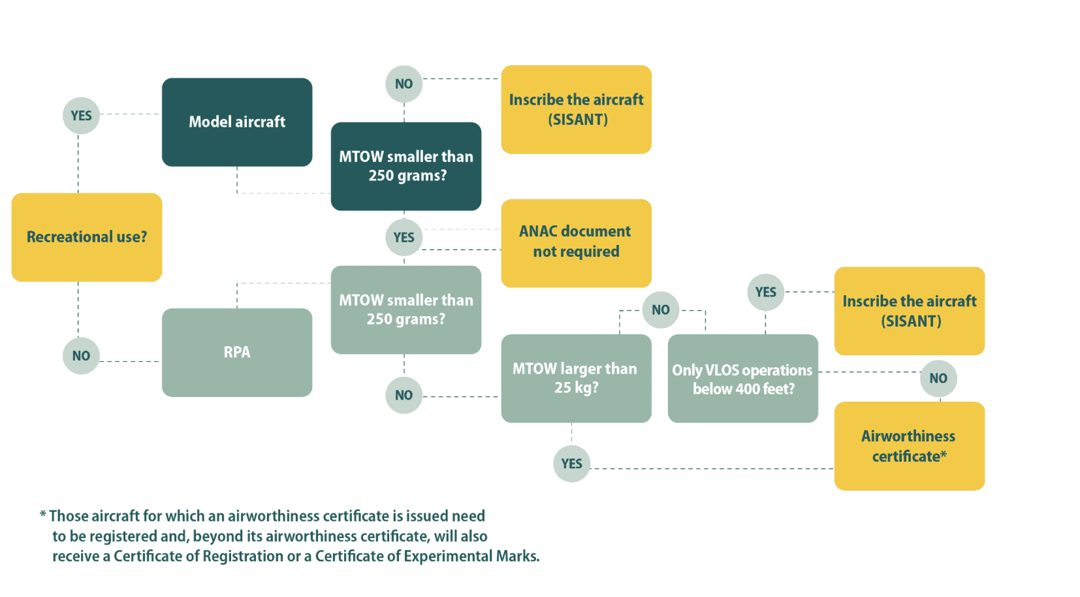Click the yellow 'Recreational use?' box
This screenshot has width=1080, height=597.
pos(87,237)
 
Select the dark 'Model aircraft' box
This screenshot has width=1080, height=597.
pos(237,122)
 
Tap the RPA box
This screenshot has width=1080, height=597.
pos(237,352)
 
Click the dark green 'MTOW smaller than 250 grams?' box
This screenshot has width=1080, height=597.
pos(406,166)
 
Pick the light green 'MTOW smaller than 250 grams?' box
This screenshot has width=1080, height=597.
pos(406,310)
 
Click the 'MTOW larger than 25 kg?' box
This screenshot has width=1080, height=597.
pos(576,378)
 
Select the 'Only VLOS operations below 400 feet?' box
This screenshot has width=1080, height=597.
pos(742,379)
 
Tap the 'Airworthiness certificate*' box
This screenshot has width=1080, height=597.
pos(909,446)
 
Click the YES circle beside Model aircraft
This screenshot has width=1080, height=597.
pos(81,116)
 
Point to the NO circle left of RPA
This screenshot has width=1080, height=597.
pos(81,356)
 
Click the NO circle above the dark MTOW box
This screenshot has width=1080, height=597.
pos(404,84)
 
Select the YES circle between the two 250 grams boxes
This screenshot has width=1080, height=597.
pos(404,238)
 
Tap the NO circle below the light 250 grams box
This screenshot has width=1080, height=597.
pos(404,395)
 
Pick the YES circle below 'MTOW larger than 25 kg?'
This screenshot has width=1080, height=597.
pos(571,464)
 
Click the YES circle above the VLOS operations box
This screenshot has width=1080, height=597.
pos(765,292)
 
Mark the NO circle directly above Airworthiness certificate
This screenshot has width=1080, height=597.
pos(938,378)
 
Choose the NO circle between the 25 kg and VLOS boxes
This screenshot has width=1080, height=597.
pos(660,310)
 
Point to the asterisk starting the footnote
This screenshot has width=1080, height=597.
pos(43,515)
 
